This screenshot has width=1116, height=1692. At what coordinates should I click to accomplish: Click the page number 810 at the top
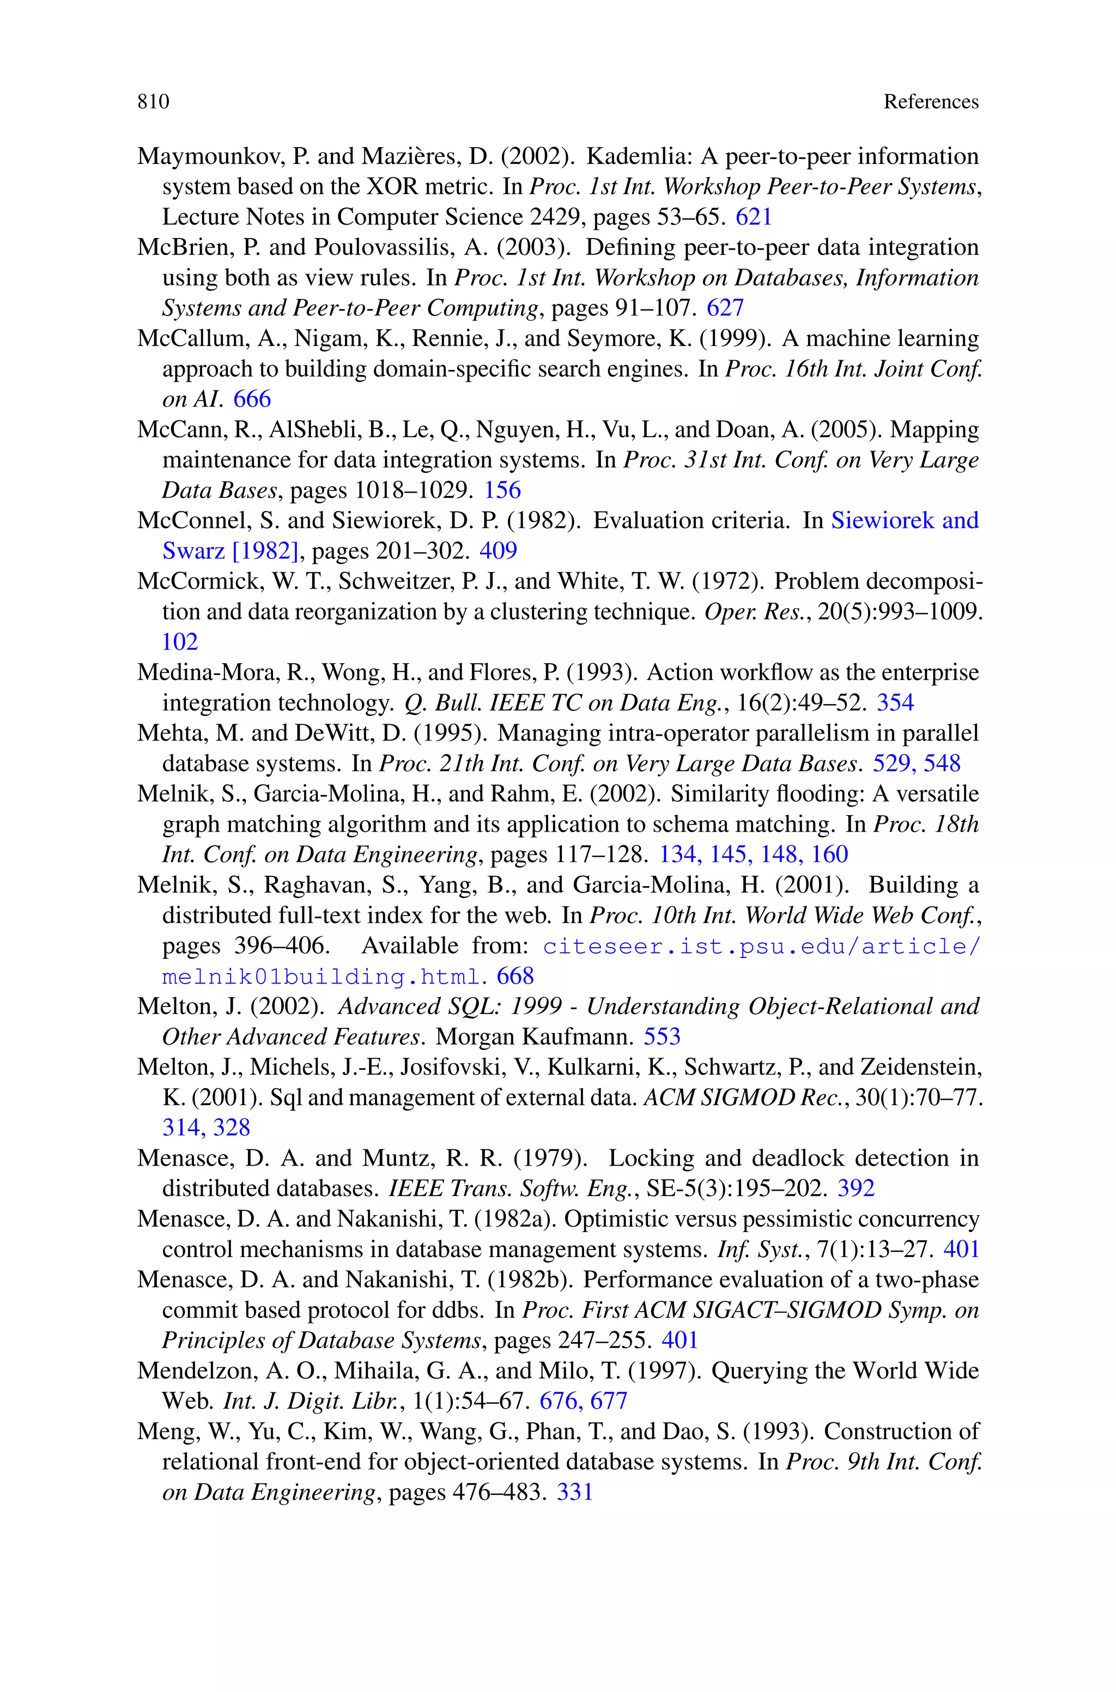(x=154, y=102)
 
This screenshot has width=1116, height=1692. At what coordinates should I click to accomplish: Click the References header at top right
(x=931, y=102)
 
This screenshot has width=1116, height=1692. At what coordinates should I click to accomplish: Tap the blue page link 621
(x=754, y=216)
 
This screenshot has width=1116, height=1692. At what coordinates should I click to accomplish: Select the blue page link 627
(x=725, y=307)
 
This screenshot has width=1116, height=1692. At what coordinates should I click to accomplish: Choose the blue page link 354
(x=895, y=702)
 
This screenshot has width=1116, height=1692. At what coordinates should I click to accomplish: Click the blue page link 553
(x=662, y=1036)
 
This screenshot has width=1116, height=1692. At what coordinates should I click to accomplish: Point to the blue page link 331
(x=574, y=1491)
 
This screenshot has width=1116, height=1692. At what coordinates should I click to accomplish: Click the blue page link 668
(x=515, y=975)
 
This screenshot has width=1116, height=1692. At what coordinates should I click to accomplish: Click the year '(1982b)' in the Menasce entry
(x=530, y=1279)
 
